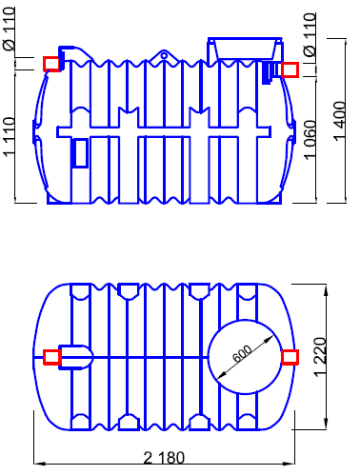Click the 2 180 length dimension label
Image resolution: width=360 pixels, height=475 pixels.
(164, 458)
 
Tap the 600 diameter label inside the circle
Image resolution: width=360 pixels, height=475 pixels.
(242, 353)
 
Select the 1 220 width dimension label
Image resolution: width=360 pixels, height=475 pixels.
(320, 357)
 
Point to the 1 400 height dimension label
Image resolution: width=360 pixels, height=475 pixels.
(339, 120)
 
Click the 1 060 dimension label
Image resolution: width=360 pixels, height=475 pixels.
(310, 140)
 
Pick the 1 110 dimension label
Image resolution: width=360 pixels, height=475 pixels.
(9, 136)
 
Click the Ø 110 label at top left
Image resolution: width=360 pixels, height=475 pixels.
(9, 30)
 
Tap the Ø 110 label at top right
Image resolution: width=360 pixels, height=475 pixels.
(310, 34)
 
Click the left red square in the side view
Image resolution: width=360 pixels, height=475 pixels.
(51, 64)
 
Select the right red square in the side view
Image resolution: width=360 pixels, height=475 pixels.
(290, 69)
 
